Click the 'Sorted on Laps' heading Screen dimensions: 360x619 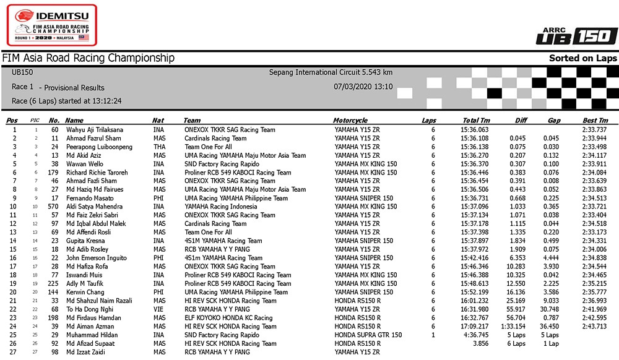point(583,58)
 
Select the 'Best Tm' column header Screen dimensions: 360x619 point(595,120)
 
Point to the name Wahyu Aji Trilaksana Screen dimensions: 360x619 point(95,130)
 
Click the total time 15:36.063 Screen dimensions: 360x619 point(475,130)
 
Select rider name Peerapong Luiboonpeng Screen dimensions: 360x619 point(99,147)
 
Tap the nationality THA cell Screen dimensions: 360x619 point(159,147)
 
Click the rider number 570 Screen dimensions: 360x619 point(54,207)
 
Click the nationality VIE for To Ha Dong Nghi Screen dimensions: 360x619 point(158,309)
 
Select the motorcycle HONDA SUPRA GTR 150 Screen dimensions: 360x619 point(368,335)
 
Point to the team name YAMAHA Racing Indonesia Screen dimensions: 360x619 point(220,207)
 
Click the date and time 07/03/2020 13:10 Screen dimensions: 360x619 point(363,87)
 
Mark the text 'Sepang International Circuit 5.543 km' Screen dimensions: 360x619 point(331,72)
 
